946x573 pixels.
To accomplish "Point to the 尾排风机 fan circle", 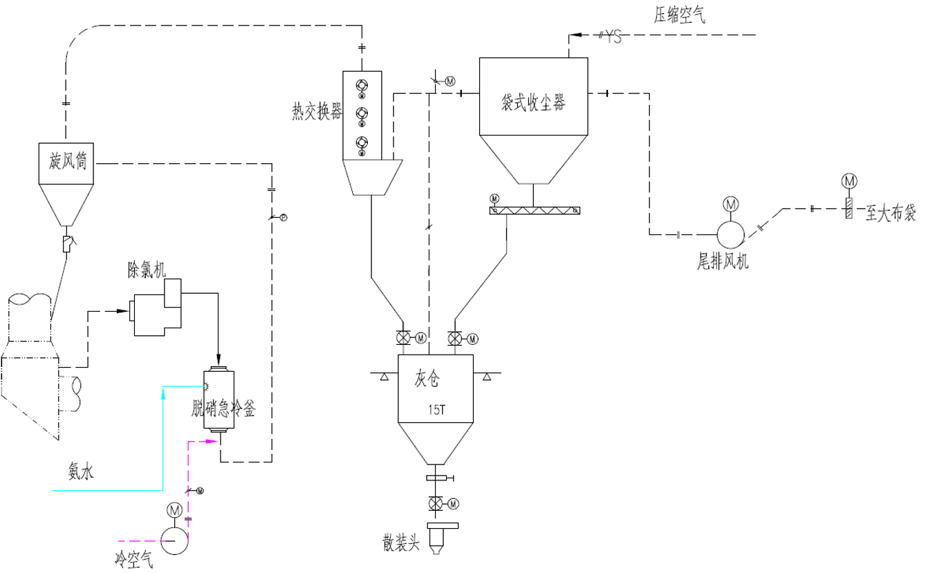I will [730, 234].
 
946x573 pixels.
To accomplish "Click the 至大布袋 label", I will [891, 214].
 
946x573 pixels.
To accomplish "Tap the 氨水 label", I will [81, 471].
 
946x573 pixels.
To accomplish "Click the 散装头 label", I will [402, 543].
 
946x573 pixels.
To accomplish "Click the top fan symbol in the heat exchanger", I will [361, 86].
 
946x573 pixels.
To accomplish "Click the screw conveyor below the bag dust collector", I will [534, 210].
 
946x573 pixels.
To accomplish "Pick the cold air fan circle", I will [173, 540].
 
